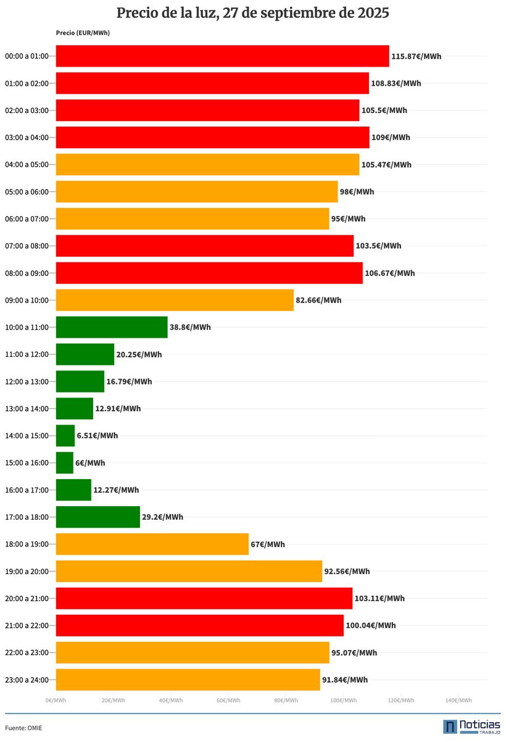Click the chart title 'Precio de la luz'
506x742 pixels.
tap(253, 13)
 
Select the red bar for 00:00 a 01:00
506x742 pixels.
tap(222, 56)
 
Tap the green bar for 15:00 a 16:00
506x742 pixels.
tap(65, 463)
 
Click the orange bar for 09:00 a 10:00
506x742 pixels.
tap(175, 300)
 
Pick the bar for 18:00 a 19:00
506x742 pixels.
tap(152, 544)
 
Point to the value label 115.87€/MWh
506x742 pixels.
tap(416, 56)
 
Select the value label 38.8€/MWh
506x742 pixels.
tap(190, 327)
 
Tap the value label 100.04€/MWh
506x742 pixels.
tap(371, 625)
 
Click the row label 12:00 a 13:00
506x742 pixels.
tap(27, 381)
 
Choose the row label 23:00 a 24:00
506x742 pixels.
tap(27, 680)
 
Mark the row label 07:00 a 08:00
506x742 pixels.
tap(27, 246)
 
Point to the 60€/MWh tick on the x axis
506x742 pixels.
tap(228, 700)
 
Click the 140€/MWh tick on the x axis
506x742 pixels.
tap(458, 700)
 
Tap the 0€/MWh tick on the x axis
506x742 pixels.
tap(56, 700)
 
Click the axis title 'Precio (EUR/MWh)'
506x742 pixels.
tap(83, 33)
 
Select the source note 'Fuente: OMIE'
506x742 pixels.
tap(24, 728)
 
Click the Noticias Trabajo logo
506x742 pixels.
tap(471, 727)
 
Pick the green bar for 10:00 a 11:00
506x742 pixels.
tap(112, 327)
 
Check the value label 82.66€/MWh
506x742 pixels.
tap(318, 300)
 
